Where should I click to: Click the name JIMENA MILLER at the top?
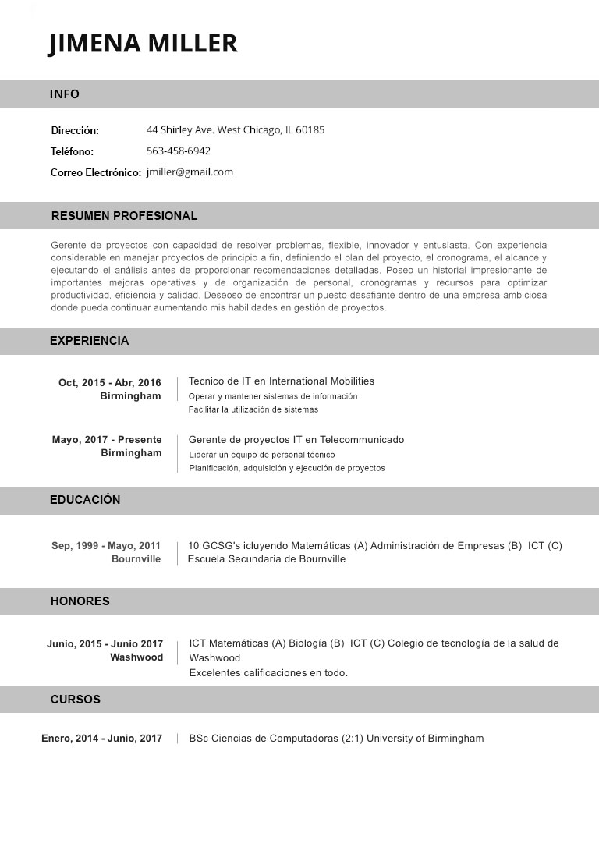point(143,43)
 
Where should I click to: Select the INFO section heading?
point(65,94)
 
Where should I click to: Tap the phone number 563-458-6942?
point(179,151)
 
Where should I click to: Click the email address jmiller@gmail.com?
point(190,172)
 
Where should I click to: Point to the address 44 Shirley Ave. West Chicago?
point(236,129)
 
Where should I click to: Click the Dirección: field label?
point(75,130)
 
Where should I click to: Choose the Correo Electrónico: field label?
point(96,172)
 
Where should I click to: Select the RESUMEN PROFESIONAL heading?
point(124,216)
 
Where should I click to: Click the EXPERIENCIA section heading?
point(89,341)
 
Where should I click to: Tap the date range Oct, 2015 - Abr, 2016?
point(110,382)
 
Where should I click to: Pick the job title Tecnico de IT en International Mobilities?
point(282,381)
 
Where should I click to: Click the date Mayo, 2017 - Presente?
point(107,439)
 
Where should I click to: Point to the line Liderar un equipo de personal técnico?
point(262,455)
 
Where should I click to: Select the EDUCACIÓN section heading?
point(85,500)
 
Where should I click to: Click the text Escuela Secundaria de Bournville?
point(267,558)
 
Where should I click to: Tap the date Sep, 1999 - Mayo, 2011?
point(106,545)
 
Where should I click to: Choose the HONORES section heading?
point(80,601)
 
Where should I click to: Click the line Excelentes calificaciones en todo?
point(268,672)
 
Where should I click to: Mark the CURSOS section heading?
point(76,700)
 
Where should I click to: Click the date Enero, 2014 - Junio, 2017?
point(102,738)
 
